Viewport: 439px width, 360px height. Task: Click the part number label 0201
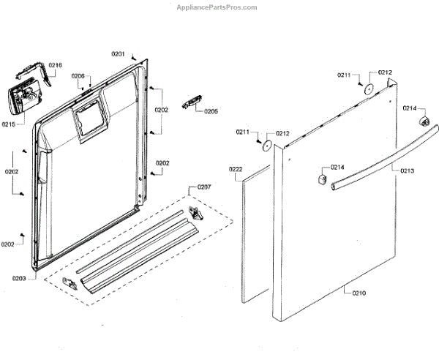118,54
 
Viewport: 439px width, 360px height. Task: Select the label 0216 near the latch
55,65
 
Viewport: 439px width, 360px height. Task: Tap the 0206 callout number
78,76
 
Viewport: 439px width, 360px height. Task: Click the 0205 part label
211,111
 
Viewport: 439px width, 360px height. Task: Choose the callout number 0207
203,188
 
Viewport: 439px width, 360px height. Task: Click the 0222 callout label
236,169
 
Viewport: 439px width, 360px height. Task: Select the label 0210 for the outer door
359,293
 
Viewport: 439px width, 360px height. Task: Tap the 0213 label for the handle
407,170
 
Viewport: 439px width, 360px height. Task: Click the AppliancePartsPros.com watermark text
217,7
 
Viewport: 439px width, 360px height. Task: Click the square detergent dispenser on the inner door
88,118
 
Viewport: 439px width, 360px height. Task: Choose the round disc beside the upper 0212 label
370,89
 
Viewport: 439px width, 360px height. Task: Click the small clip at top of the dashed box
195,211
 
